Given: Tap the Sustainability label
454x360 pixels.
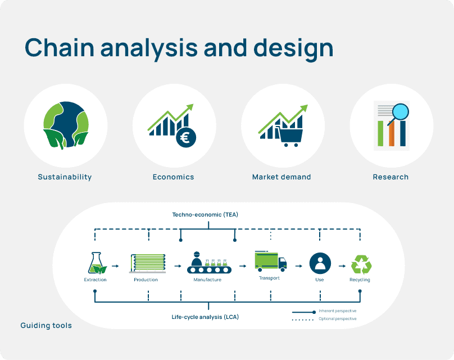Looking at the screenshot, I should tap(65, 177).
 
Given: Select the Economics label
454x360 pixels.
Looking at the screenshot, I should tap(174, 177).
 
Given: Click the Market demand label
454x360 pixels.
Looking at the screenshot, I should tap(282, 177).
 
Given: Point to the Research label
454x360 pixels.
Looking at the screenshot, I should tap(391, 177).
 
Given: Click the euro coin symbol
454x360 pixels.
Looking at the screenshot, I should tap(185, 137).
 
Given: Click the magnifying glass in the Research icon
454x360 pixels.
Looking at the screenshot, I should tap(399, 111).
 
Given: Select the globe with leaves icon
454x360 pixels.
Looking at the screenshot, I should tap(66, 125).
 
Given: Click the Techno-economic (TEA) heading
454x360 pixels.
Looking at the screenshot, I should tap(208, 215).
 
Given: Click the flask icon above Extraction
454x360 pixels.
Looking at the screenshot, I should tap(96, 263).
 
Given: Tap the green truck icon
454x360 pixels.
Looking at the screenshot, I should tap(270, 261).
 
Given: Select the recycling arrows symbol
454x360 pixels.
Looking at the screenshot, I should tap(360, 264).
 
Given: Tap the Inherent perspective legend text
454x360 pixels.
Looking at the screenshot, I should tap(337, 311).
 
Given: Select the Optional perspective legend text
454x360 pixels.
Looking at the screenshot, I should tap(337, 319).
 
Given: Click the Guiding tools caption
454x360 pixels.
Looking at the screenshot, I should tap(46, 326).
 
